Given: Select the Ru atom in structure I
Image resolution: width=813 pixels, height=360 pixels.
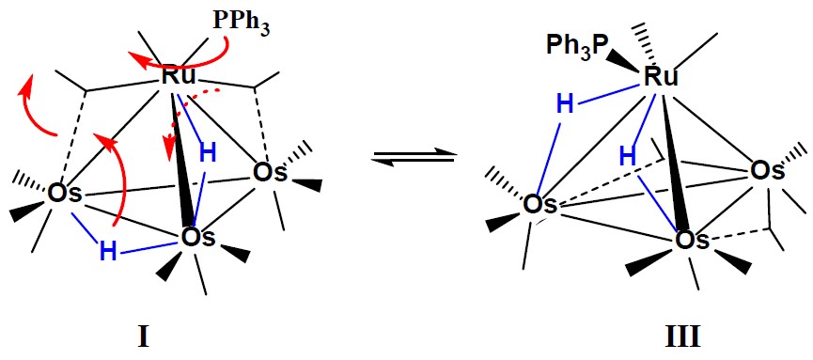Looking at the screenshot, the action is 179,76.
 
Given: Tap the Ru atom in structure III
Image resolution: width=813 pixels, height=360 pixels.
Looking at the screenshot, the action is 661,78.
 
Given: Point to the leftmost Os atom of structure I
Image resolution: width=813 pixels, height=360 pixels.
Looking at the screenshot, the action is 64,194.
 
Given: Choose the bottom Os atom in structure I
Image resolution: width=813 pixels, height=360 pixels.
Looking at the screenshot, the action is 197,239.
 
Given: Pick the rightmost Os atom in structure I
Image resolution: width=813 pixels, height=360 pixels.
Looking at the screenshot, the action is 270,173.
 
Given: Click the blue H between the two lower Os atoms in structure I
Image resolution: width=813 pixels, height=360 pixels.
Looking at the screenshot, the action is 108,252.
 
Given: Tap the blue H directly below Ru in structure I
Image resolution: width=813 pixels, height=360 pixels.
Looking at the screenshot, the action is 207,153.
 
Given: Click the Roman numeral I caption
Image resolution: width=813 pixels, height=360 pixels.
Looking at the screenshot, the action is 143,338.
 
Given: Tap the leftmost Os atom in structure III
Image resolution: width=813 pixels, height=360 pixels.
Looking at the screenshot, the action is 539,204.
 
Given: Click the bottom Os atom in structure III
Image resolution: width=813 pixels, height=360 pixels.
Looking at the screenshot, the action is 692,241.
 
